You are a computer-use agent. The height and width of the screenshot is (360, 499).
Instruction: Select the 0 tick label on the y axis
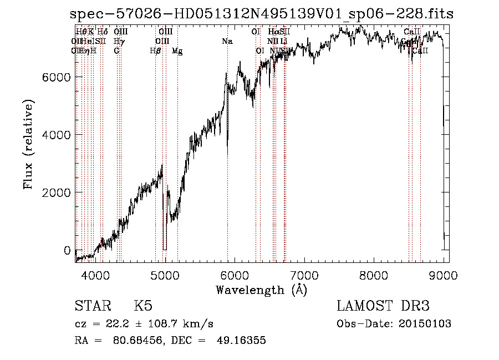[67, 250]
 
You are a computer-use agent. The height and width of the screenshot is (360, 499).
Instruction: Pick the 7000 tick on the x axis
[304, 275]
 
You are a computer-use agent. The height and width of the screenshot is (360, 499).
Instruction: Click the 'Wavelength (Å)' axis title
[261, 290]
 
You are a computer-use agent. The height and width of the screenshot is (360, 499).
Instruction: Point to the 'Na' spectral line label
[227, 41]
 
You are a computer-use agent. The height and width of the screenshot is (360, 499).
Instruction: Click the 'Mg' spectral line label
[177, 51]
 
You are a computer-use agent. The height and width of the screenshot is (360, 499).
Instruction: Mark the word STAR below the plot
[91, 306]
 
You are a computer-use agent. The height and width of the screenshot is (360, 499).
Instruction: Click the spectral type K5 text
[143, 306]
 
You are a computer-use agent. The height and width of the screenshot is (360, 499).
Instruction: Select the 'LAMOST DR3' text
[383, 306]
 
